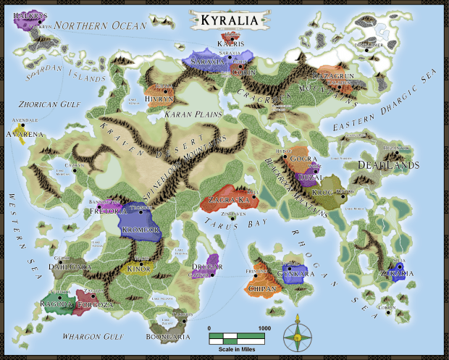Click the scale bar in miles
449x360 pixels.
[x=240, y=337]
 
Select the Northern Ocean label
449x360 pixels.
[x=100, y=26]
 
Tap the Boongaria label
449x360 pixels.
[x=175, y=337]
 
